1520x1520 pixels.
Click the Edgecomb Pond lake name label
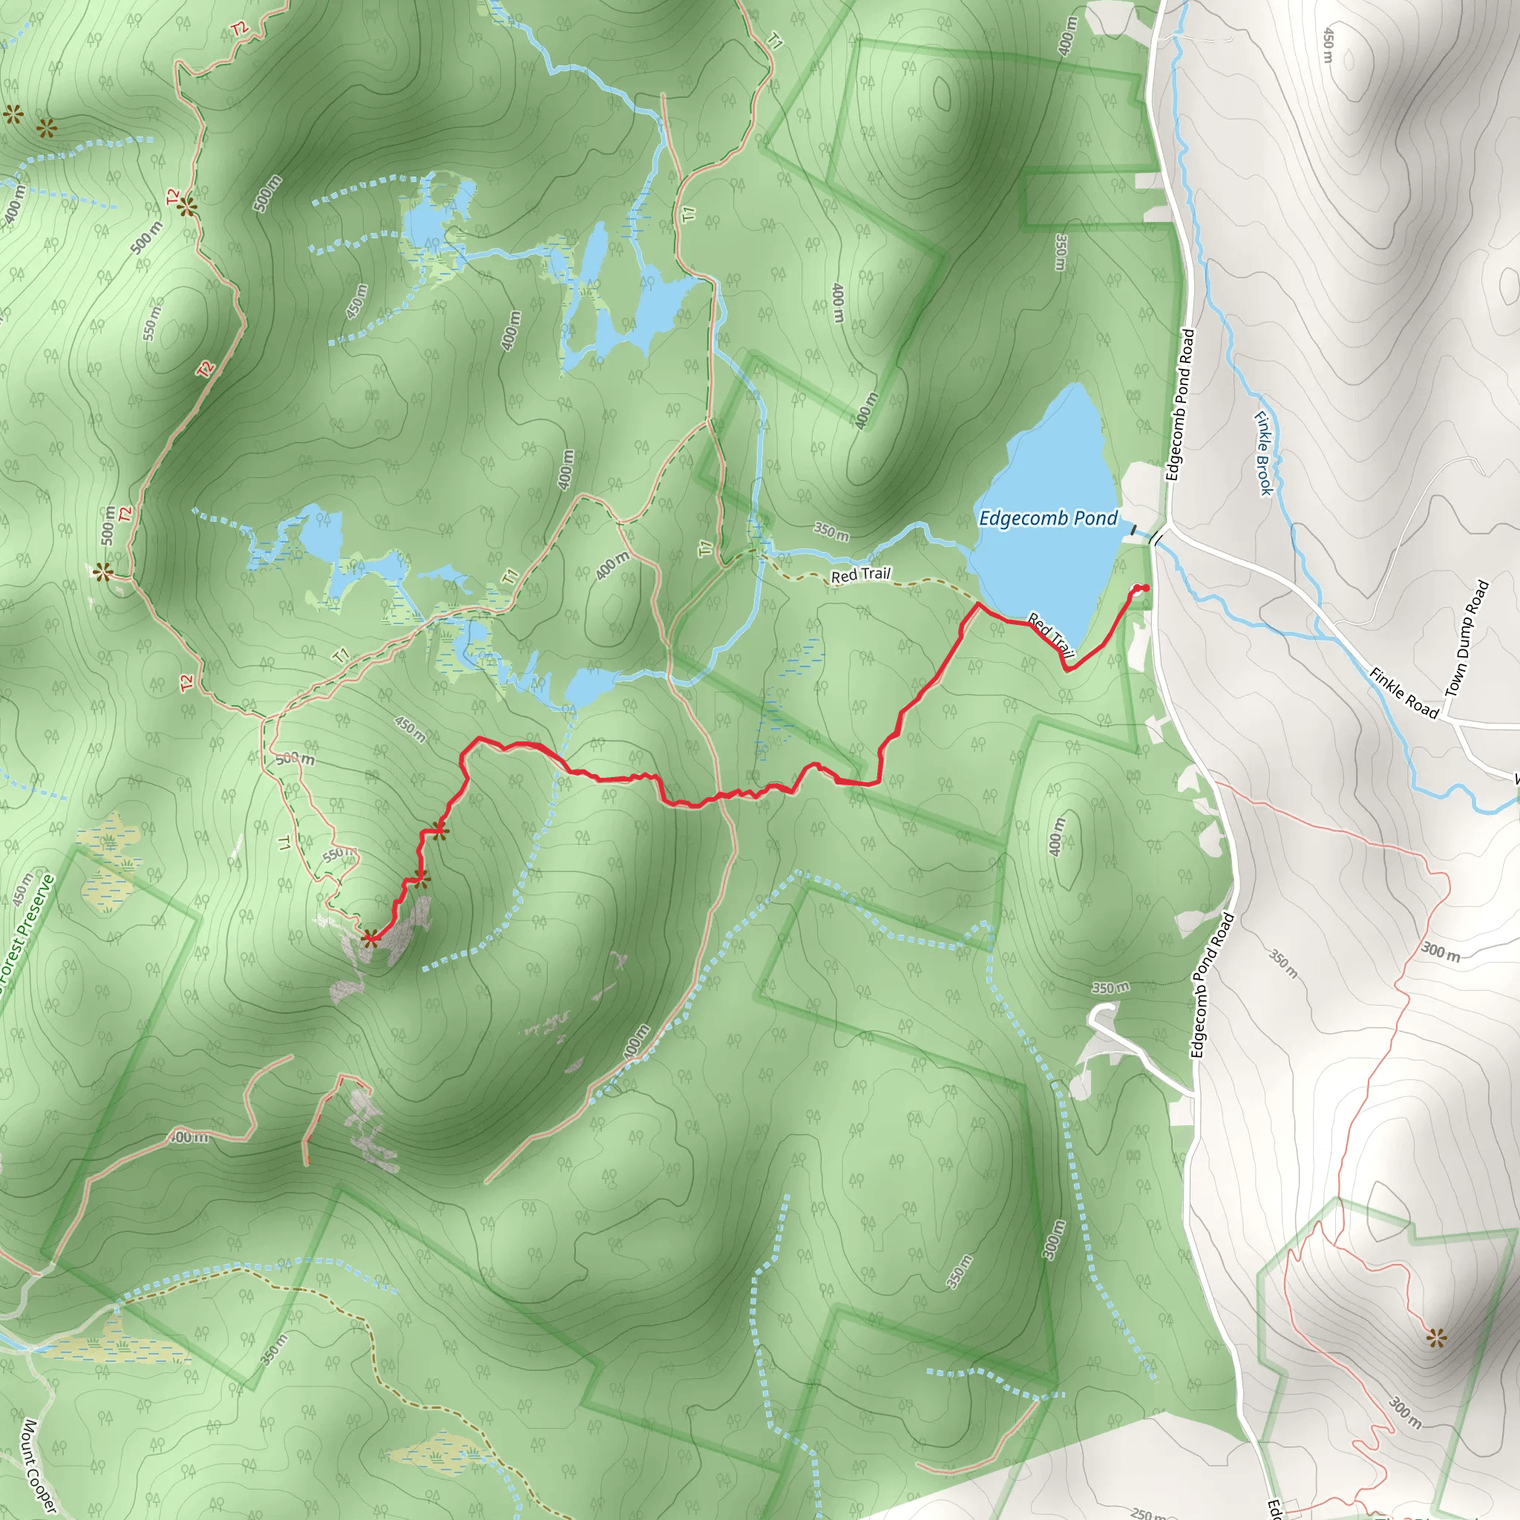click(x=1047, y=519)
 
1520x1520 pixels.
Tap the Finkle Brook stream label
click(x=1262, y=454)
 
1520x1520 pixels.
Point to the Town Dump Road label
click(x=1467, y=638)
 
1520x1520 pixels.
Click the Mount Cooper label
click(x=37, y=1465)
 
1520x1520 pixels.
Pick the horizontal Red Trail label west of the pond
click(x=861, y=575)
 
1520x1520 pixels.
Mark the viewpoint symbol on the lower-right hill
click(x=1437, y=1338)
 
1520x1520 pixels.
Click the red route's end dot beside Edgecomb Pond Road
click(x=1144, y=589)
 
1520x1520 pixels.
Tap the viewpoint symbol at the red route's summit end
click(x=370, y=936)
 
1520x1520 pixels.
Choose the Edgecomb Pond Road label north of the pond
click(x=1181, y=405)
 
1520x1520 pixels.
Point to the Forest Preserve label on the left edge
click(x=26, y=936)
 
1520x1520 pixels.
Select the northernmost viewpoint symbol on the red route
click(x=440, y=830)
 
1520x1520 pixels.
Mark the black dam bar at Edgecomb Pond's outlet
click(x=1134, y=532)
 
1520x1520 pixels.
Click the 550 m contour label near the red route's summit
click(x=340, y=854)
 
